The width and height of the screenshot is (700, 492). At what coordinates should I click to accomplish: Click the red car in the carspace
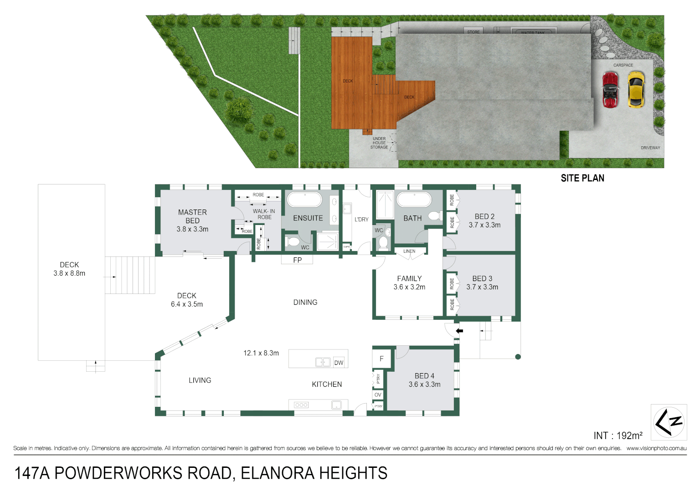tap(610, 89)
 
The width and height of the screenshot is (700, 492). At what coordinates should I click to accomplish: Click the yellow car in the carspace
tap(636, 89)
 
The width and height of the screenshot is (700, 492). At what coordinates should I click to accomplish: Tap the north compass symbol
tap(669, 422)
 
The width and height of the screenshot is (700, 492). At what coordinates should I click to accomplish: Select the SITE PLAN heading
tap(582, 178)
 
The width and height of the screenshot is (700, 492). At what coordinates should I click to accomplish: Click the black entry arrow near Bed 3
tap(459, 331)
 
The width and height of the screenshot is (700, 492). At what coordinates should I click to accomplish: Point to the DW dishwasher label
tap(339, 363)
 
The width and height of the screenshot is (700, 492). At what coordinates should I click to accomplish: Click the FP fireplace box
tap(297, 260)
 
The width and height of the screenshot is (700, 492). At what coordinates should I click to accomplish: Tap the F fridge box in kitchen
tap(381, 359)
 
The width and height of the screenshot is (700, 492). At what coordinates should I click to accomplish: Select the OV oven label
tap(378, 395)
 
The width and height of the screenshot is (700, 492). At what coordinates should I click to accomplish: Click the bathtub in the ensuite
tap(304, 200)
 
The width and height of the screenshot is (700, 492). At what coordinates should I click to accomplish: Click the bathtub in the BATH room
tap(414, 200)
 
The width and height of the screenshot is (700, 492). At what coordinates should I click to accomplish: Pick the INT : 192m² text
tap(618, 436)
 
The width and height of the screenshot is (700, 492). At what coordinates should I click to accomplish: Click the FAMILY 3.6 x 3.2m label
tap(409, 282)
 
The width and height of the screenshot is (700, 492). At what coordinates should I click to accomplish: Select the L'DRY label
tap(361, 220)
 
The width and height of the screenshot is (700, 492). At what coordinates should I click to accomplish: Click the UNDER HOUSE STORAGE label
tap(379, 143)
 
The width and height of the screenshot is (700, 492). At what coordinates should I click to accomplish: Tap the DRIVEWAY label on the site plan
tap(650, 148)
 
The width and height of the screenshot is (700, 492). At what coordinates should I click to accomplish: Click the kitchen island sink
tap(323, 362)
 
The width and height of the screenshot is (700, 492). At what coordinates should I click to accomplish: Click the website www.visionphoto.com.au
tap(656, 448)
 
